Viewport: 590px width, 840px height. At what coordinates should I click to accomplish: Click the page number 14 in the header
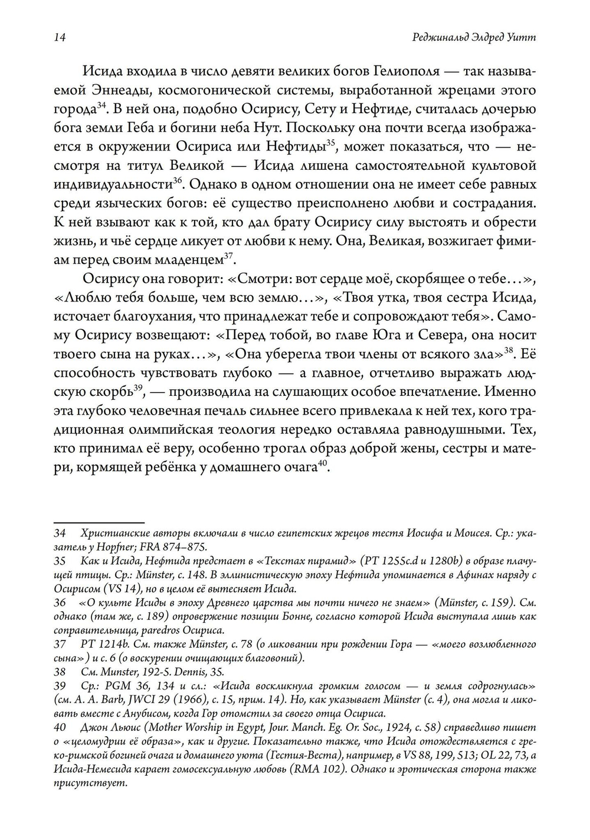coord(58,38)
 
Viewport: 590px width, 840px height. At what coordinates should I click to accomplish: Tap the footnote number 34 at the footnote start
coord(59,533)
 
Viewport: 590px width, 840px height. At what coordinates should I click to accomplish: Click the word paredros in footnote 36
coord(151,629)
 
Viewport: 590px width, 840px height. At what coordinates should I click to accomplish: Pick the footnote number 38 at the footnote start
coord(59,672)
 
